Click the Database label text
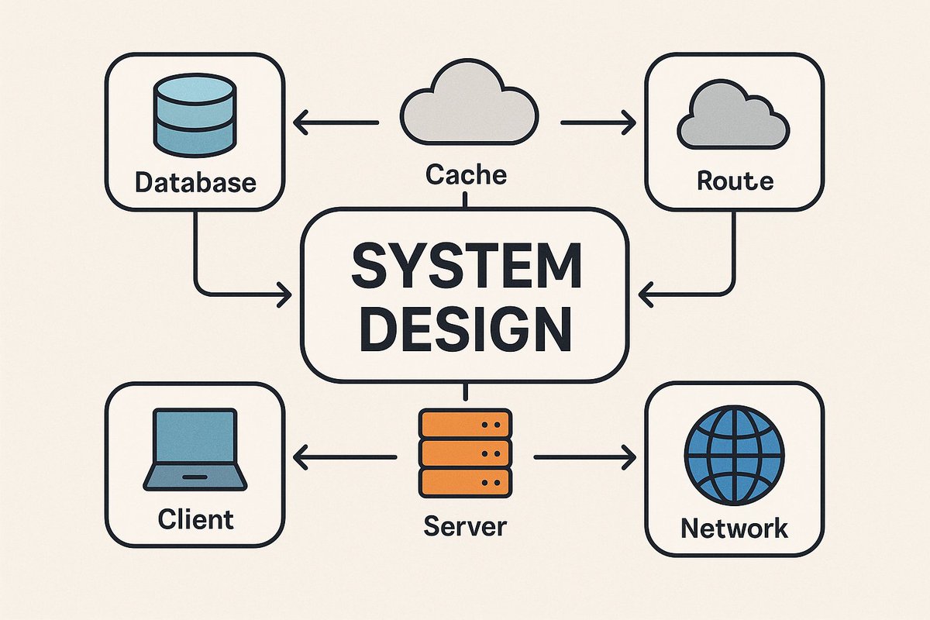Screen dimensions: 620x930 click(x=195, y=183)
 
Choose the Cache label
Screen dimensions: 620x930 click(x=466, y=174)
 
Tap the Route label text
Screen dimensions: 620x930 click(x=735, y=181)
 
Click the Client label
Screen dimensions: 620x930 click(x=195, y=518)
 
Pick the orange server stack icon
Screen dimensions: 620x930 click(x=465, y=453)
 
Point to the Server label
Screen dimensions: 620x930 click(x=465, y=527)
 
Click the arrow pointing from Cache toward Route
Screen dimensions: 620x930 click(x=597, y=122)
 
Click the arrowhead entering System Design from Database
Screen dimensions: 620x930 click(x=282, y=294)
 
